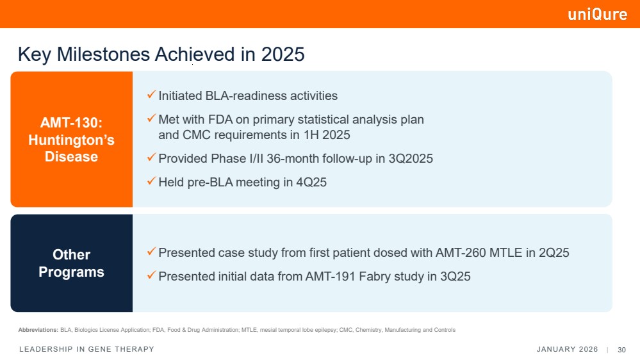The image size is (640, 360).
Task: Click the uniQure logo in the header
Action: [x=598, y=14]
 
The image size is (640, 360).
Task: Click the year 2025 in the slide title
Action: [x=283, y=54]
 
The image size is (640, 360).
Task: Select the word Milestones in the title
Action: [x=103, y=54]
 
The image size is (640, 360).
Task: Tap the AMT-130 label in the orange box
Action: [x=71, y=122]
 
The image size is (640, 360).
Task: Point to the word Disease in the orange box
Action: [x=71, y=157]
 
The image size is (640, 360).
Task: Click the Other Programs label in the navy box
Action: [x=71, y=263]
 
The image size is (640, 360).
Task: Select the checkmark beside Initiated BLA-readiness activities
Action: [x=151, y=95]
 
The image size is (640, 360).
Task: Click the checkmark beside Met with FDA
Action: [x=151, y=119]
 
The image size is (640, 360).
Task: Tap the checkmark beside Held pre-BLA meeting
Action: [x=151, y=181]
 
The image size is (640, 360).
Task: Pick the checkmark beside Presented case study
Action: [x=151, y=252]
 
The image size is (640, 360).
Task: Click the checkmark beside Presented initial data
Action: [x=151, y=275]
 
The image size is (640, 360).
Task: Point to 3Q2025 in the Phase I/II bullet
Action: [x=411, y=158]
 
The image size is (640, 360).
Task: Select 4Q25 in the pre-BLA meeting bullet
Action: [x=311, y=182]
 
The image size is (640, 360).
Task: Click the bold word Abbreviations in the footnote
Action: [x=38, y=330]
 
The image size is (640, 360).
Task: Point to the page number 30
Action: [x=621, y=350]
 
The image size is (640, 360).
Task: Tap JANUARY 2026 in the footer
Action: [x=567, y=349]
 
